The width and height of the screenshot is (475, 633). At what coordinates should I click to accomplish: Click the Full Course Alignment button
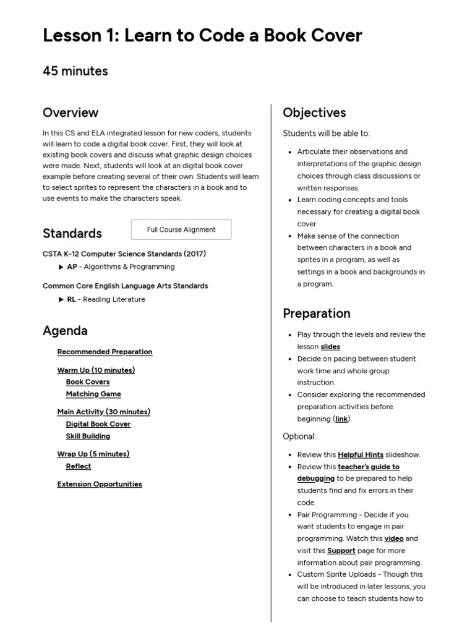tap(181, 229)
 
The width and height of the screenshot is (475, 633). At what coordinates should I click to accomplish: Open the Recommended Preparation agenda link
tap(105, 352)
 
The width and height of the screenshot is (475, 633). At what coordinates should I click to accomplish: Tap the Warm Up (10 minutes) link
tap(96, 370)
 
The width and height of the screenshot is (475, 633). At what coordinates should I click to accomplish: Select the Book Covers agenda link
tap(88, 382)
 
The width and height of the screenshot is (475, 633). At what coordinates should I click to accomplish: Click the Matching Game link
tap(93, 394)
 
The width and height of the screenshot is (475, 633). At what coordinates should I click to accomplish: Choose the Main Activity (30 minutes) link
tap(103, 412)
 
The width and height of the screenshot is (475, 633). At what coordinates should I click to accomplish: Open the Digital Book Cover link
tap(98, 424)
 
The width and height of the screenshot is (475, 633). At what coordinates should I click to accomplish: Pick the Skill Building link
tap(88, 436)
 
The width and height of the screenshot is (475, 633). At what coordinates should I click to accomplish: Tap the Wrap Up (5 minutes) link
tap(93, 454)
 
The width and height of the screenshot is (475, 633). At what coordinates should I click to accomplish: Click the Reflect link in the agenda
tap(79, 466)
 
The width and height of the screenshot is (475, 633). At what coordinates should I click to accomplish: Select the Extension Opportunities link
tap(100, 484)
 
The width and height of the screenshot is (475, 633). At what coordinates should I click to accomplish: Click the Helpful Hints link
tap(361, 455)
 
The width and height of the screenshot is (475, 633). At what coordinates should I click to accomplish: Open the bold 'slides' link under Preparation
tap(330, 347)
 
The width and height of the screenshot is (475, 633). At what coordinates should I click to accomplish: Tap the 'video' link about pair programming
tap(394, 539)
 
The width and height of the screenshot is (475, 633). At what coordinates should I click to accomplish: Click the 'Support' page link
tap(341, 551)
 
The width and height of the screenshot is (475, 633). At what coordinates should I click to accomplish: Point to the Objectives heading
tap(314, 113)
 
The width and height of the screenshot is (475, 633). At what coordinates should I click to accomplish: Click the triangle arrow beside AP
tap(61, 267)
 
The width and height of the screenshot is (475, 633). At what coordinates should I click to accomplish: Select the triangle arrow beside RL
tap(61, 300)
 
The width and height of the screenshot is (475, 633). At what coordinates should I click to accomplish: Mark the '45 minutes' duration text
tap(75, 71)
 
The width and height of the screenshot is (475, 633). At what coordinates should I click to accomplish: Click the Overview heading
tap(71, 113)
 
